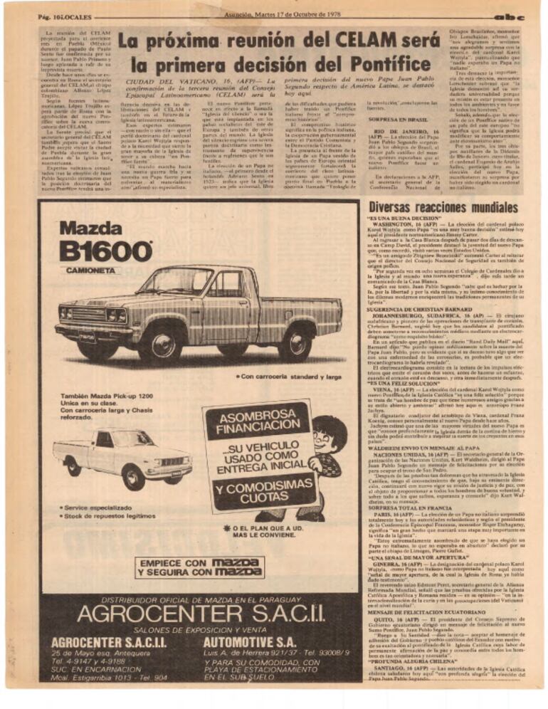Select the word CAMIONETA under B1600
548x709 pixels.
(x=92, y=271)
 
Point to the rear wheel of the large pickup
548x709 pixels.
(x=294, y=344)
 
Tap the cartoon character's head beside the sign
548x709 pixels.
(x=327, y=434)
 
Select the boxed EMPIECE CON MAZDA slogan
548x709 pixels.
(x=200, y=567)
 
